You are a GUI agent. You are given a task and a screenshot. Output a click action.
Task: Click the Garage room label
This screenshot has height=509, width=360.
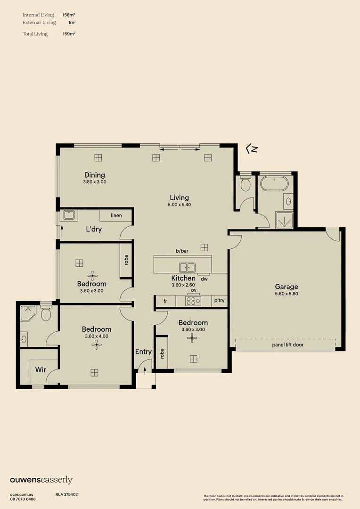[x=286, y=287]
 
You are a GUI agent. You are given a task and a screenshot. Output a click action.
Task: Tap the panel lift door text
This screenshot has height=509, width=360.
[x=287, y=345]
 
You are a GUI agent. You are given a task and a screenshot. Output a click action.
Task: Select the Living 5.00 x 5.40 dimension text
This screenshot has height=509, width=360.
[x=180, y=205]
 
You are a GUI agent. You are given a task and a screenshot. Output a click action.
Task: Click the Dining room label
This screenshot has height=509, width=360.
[x=95, y=175]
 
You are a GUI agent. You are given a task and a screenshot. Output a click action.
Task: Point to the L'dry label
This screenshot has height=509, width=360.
[x=94, y=230]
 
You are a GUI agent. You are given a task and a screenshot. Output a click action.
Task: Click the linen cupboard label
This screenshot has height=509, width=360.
[x=116, y=215]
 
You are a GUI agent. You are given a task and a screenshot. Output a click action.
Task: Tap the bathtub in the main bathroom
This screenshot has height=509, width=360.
[x=273, y=184]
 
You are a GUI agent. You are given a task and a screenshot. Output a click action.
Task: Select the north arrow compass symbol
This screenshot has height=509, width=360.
[x=252, y=149]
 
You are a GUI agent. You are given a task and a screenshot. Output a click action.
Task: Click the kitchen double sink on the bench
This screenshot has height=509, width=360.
[x=187, y=268]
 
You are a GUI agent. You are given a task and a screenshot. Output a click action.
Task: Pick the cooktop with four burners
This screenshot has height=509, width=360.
[x=193, y=300]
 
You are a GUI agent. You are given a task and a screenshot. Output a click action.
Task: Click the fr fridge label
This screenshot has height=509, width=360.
[x=165, y=301]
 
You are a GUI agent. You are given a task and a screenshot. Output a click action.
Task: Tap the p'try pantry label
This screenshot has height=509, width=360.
[x=220, y=301]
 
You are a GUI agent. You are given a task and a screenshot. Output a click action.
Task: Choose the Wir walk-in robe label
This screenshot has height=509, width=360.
[x=41, y=369]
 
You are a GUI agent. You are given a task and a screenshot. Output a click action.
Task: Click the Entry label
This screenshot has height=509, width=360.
[x=143, y=352]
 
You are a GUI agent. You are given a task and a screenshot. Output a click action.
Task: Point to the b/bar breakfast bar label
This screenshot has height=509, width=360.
[x=182, y=251]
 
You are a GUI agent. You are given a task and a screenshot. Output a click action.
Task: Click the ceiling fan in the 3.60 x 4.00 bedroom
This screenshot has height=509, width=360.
[x=97, y=345]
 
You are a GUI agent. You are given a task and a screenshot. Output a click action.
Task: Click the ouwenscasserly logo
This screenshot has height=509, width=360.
[x=41, y=480]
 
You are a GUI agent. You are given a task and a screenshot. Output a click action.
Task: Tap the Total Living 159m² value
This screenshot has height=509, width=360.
[x=69, y=34]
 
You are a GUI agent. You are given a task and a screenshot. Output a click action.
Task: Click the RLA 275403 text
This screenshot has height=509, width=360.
[x=66, y=494]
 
